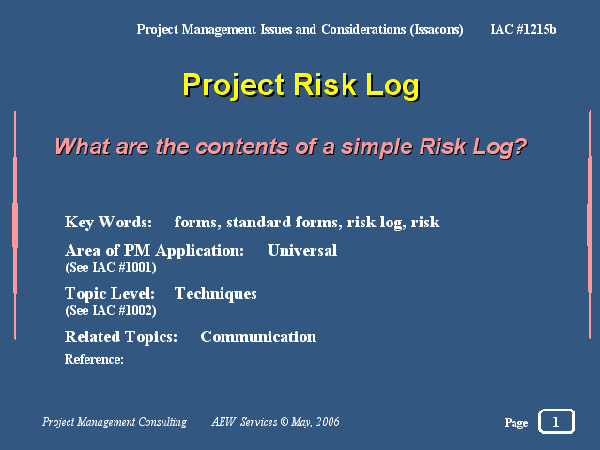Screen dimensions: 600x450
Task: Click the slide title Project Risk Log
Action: (301, 85)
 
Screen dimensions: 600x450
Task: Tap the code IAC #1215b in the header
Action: (523, 29)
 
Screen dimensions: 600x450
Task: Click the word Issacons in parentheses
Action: (437, 30)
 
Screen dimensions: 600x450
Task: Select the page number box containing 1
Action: (556, 421)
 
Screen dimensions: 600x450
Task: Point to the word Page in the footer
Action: (516, 423)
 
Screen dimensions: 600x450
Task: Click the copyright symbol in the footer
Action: (284, 421)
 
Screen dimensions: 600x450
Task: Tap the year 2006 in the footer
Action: (328, 421)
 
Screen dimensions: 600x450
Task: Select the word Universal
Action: (302, 250)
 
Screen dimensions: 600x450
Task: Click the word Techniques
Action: (215, 294)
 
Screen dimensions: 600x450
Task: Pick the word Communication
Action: (258, 336)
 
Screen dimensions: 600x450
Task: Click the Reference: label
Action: (94, 359)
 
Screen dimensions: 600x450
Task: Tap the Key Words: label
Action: (108, 222)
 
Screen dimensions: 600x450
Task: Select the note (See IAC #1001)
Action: (111, 267)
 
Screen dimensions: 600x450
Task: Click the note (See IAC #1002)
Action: (111, 310)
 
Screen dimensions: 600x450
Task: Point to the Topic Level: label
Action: (110, 294)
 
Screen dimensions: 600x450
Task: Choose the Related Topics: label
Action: (121, 336)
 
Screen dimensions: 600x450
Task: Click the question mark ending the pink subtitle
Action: (520, 147)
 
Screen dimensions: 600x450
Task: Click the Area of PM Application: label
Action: (154, 251)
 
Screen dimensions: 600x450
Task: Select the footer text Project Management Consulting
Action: (115, 422)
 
